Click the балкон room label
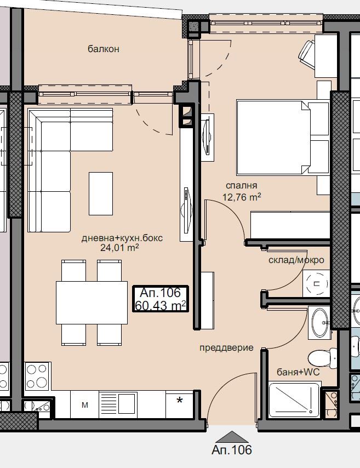click(104, 49)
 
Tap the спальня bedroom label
click(241, 186)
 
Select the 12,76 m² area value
click(242, 197)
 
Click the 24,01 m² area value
click(119, 248)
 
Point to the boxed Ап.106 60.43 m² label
click(161, 299)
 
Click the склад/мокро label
click(296, 260)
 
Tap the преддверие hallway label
click(226, 347)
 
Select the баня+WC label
click(298, 372)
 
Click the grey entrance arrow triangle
click(232, 437)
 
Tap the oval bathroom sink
click(319, 322)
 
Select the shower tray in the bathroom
click(294, 400)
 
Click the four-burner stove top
click(37, 376)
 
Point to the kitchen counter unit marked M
click(85, 405)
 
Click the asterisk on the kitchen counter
click(179, 400)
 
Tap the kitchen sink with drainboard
click(118, 405)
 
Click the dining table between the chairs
click(92, 303)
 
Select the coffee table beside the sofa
click(101, 193)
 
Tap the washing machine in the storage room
click(316, 283)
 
